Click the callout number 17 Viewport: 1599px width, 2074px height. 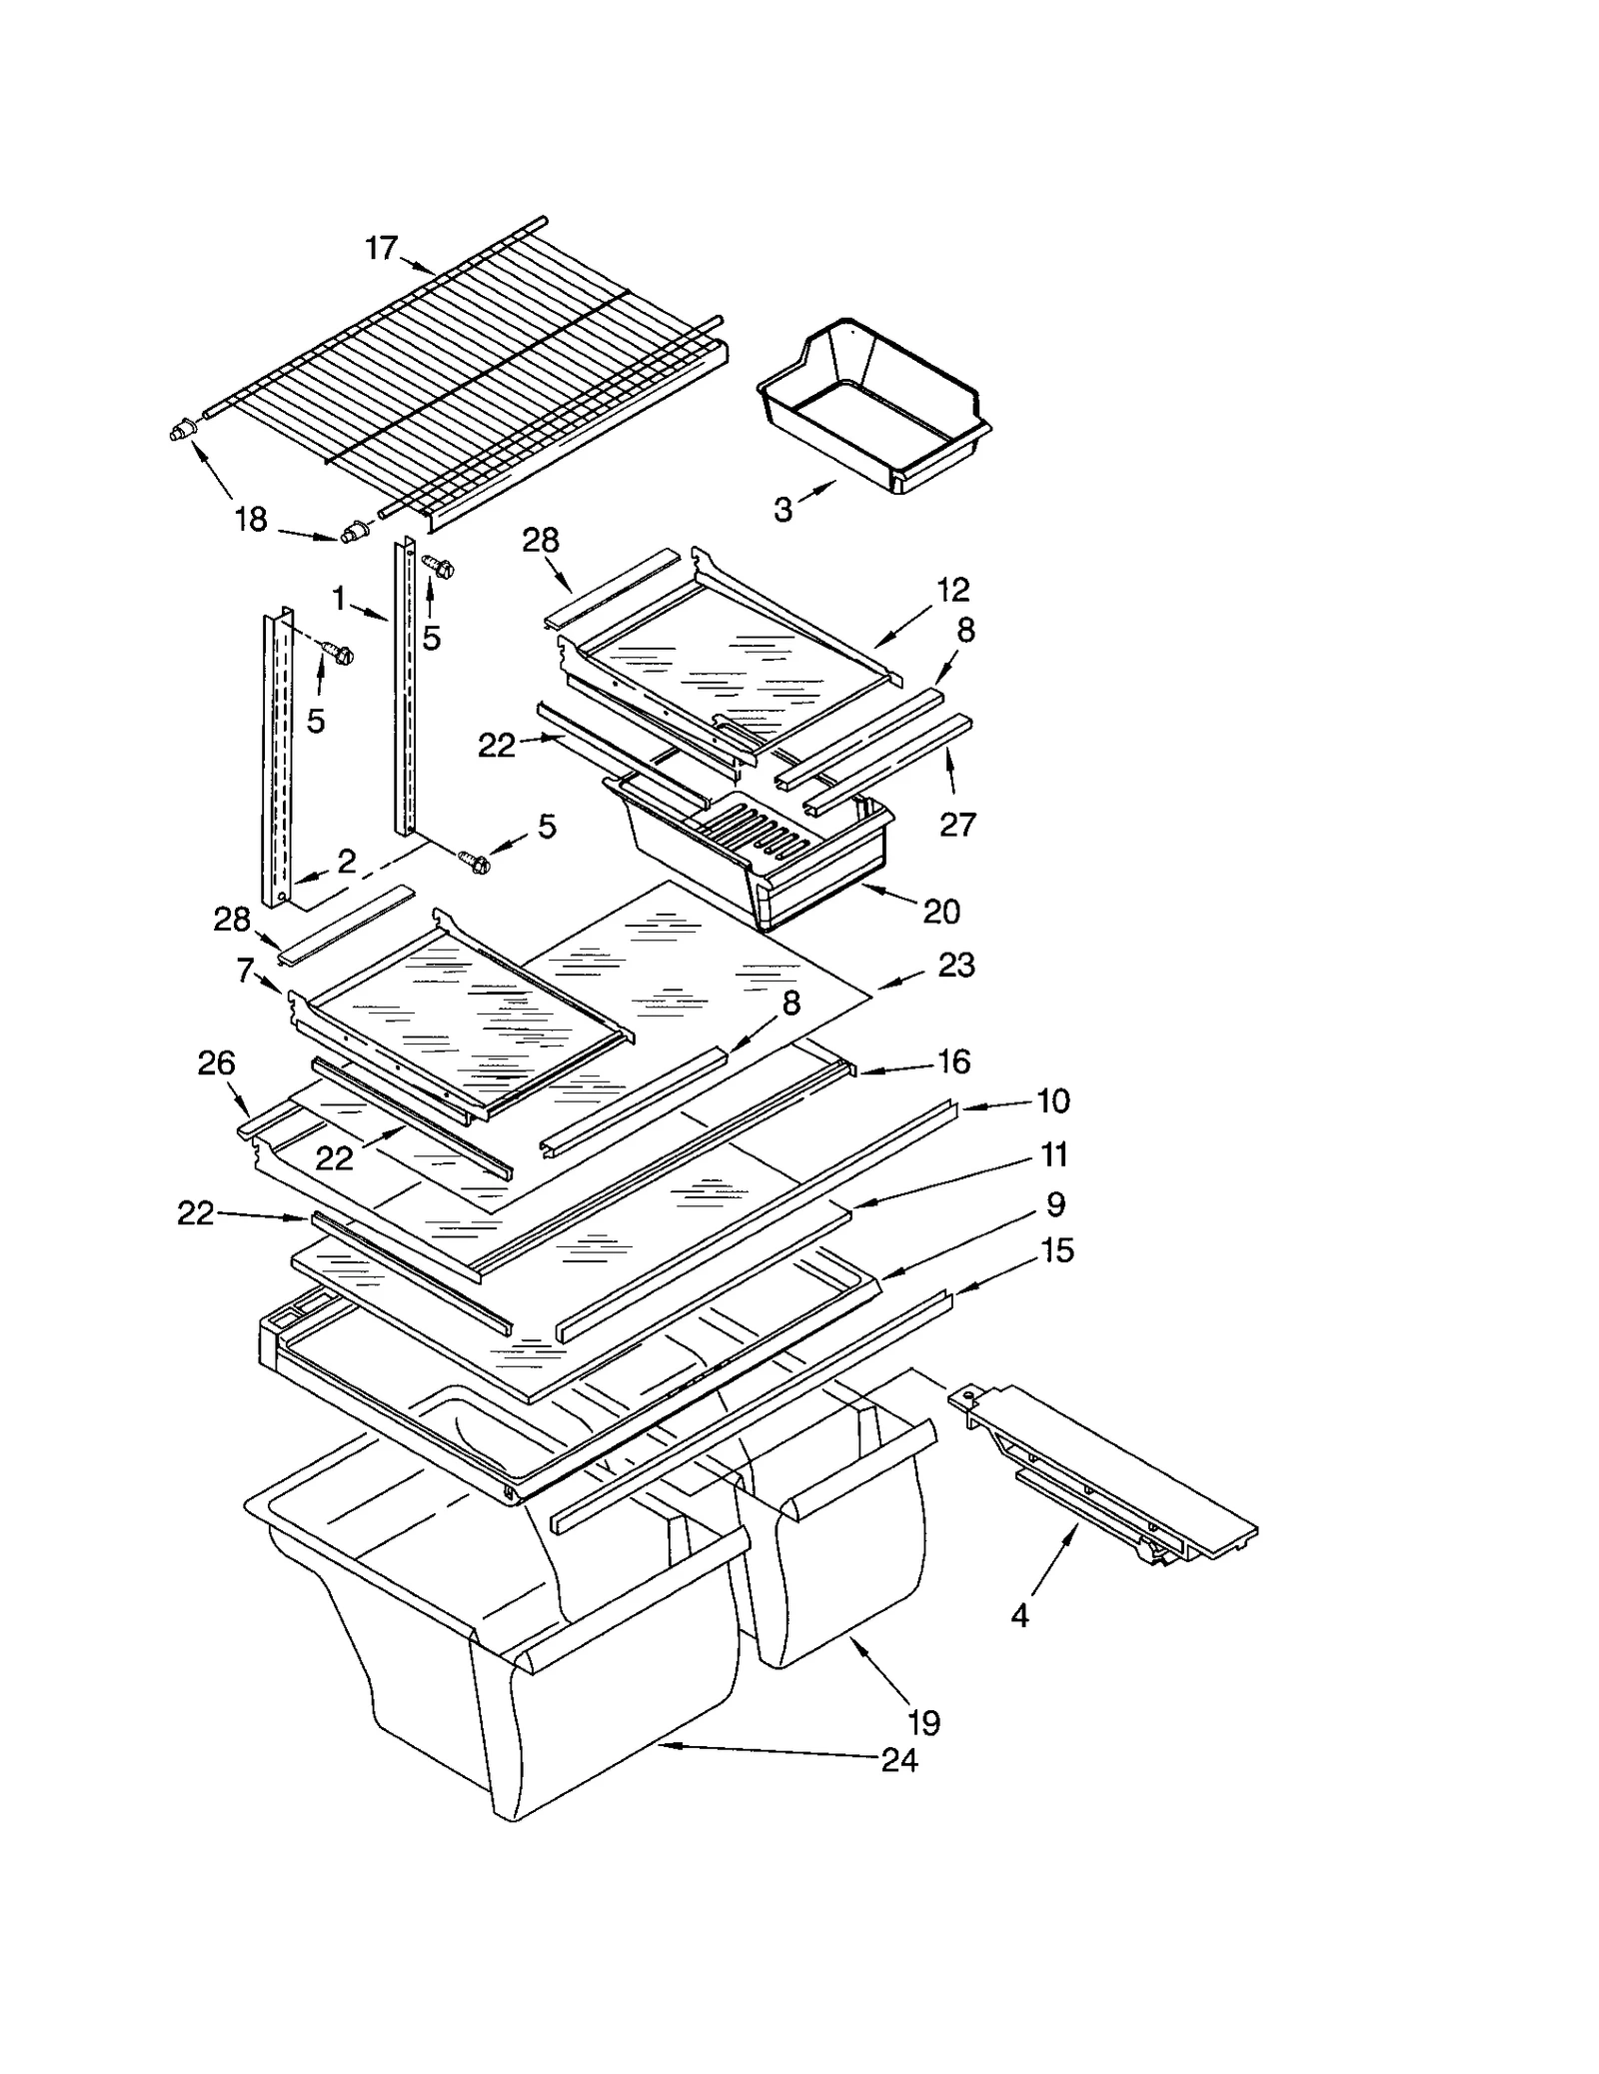tap(381, 247)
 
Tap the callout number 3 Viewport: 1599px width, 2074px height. tap(783, 510)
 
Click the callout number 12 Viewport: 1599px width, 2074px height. tap(952, 590)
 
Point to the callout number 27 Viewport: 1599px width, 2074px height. tap(956, 824)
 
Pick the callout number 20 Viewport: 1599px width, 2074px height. tap(941, 911)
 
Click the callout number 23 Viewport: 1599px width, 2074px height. tap(955, 965)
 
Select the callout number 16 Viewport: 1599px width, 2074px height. tap(954, 1061)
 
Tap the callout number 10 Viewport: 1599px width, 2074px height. tap(1053, 1100)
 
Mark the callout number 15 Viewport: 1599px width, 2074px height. tap(1056, 1250)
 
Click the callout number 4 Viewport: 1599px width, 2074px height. tap(1019, 1615)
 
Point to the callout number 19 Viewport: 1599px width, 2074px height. tap(923, 1722)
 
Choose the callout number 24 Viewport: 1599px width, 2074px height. tap(899, 1760)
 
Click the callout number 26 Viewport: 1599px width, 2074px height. tap(216, 1062)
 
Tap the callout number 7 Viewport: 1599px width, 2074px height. tap(245, 970)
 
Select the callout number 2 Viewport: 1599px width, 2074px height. tap(346, 861)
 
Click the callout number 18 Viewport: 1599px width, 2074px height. tap(250, 519)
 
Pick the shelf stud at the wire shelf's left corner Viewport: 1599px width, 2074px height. tap(180, 432)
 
